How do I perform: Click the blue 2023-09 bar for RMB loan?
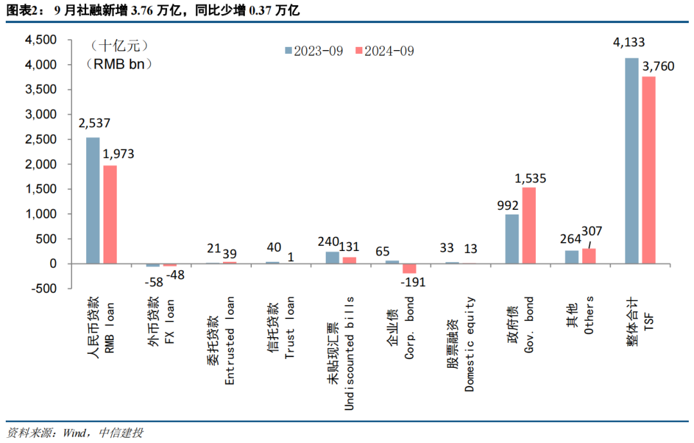click(x=93, y=200)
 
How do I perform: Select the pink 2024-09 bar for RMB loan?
click(x=110, y=214)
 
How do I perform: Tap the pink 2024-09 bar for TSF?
click(x=648, y=170)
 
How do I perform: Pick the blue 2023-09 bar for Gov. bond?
click(x=512, y=239)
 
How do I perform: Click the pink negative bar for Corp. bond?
click(x=409, y=268)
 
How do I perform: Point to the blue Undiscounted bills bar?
click(x=332, y=257)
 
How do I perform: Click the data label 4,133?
click(x=629, y=43)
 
